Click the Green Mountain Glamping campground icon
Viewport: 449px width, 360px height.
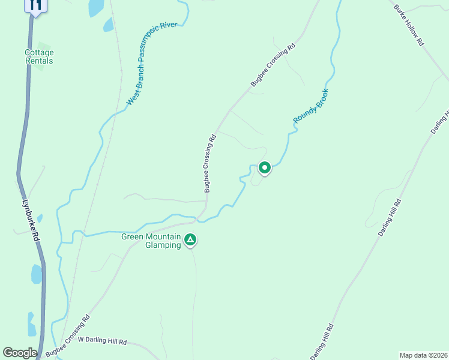(x=190, y=241)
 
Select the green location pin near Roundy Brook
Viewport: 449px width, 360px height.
(x=264, y=167)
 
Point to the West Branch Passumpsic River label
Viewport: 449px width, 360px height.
(x=152, y=64)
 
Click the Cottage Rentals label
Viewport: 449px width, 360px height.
(x=39, y=56)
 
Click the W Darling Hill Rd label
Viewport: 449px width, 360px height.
(x=103, y=341)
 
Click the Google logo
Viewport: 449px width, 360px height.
(x=20, y=353)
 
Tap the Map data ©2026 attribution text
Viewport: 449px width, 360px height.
(x=423, y=355)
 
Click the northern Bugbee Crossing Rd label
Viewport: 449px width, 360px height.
(x=274, y=65)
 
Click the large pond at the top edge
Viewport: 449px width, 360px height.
(x=96, y=7)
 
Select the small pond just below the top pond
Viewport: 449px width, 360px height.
(x=108, y=25)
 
